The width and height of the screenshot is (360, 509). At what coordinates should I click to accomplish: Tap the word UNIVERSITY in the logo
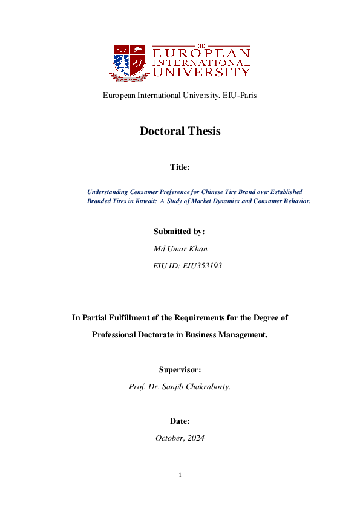(x=201, y=73)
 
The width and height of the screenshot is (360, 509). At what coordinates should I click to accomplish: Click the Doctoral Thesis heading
(x=180, y=131)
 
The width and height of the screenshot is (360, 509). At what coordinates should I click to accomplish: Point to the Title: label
(x=180, y=167)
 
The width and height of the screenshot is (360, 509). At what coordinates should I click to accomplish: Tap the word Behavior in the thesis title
(x=295, y=201)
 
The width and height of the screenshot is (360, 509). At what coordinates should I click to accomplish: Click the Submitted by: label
(x=179, y=232)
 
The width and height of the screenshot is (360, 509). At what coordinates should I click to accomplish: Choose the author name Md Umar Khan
(x=180, y=248)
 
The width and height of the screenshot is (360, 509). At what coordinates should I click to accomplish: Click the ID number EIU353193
(x=201, y=265)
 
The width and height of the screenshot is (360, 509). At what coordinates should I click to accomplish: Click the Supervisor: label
(x=180, y=369)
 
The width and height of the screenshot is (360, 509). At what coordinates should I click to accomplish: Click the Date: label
(x=180, y=421)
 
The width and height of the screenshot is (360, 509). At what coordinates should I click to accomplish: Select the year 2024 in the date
(x=195, y=438)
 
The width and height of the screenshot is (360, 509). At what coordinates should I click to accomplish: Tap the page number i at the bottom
(x=180, y=475)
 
